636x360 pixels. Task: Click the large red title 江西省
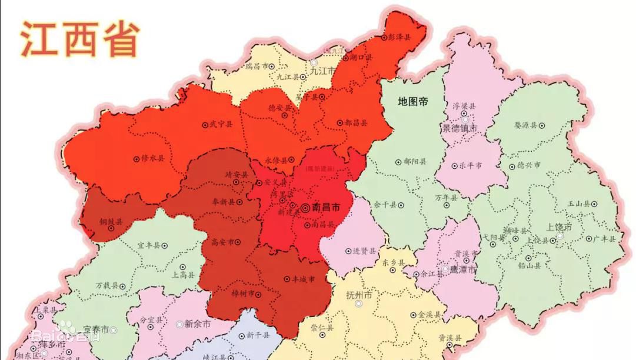coord(80,39)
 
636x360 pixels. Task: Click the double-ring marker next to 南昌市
coord(305,208)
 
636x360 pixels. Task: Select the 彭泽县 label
coord(400,36)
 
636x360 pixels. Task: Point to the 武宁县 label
coord(221,125)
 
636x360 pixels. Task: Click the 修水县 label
coord(153,158)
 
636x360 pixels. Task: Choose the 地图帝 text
coord(413,101)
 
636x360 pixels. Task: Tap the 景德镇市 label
coord(459,128)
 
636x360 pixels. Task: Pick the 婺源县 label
coord(525,125)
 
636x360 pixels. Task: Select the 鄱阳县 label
coord(415,161)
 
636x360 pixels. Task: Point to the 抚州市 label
coord(360,294)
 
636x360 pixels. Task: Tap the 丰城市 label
coord(304,279)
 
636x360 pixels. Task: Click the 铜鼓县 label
coord(111,222)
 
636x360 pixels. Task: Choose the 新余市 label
coord(198,324)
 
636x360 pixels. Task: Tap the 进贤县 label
coord(365,251)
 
